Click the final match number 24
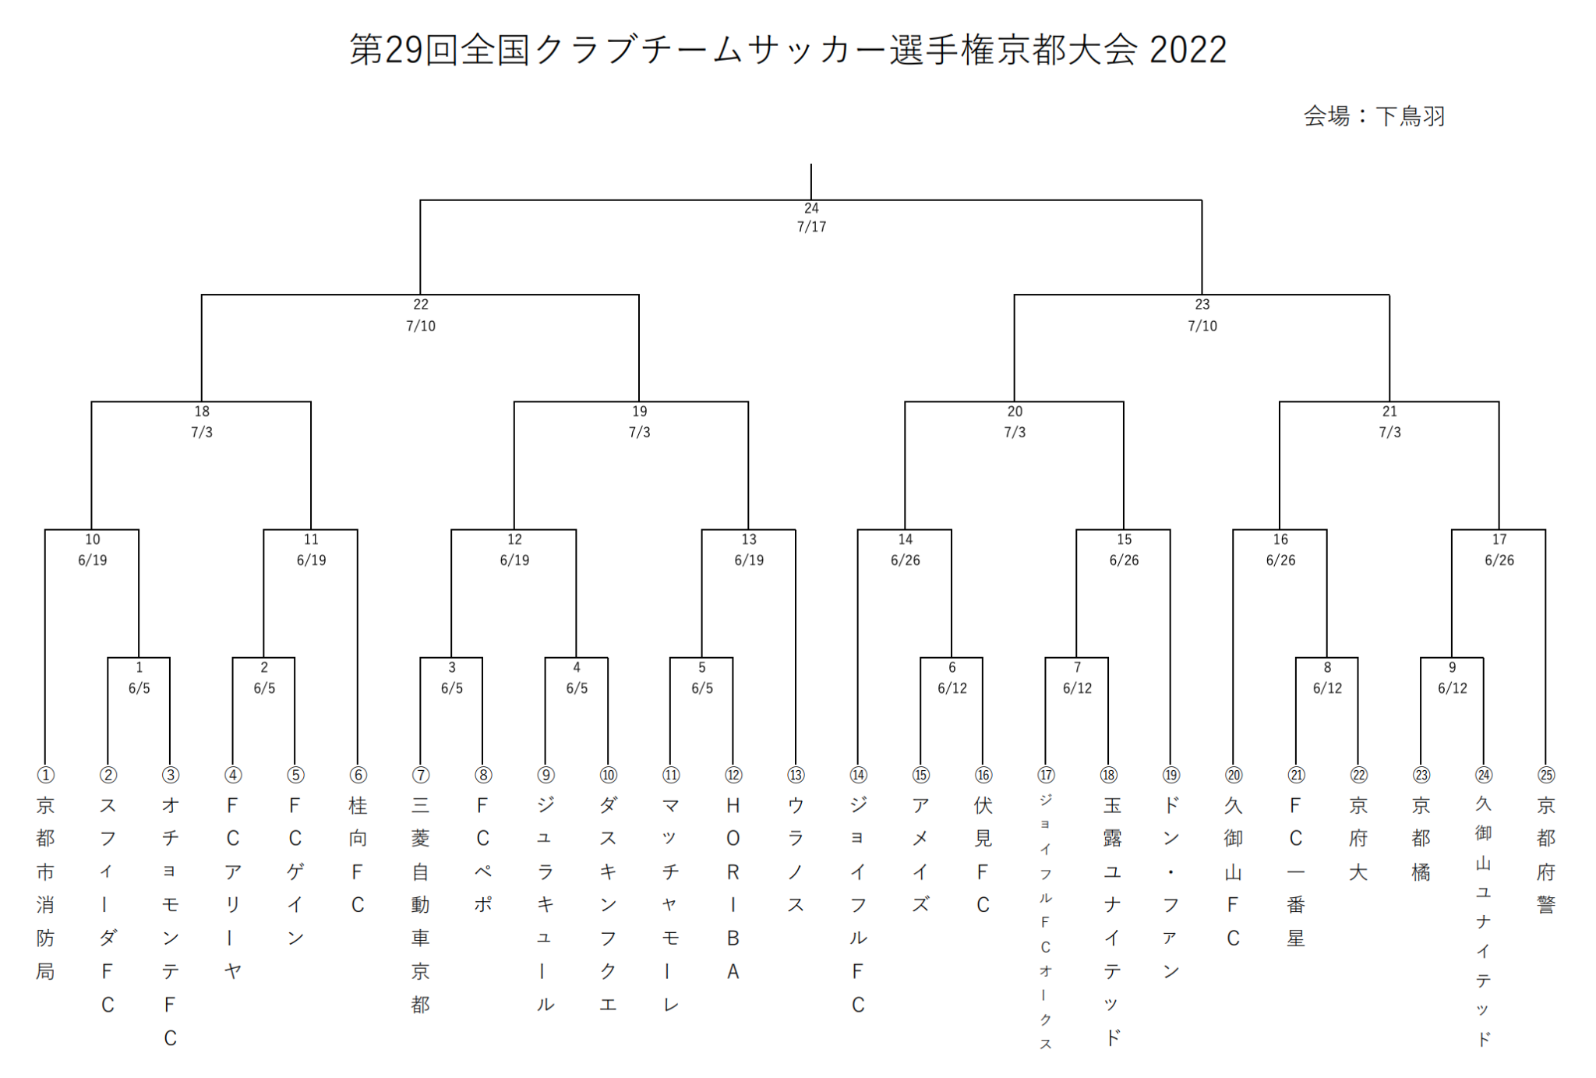(811, 208)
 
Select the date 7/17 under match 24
(811, 227)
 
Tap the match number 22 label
(421, 305)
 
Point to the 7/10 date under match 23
(1202, 326)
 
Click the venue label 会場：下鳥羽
(1374, 117)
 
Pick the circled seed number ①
(46, 775)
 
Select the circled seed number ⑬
(796, 775)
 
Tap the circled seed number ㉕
(1546, 775)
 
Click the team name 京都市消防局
(45, 889)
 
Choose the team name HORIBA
(733, 889)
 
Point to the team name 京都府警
(1546, 855)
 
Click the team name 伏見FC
(983, 855)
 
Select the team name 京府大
(1358, 839)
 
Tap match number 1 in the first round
(139, 668)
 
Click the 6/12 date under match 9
(1453, 688)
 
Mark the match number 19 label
(640, 412)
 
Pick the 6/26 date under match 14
(906, 560)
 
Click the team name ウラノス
(796, 855)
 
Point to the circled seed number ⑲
(1171, 775)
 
